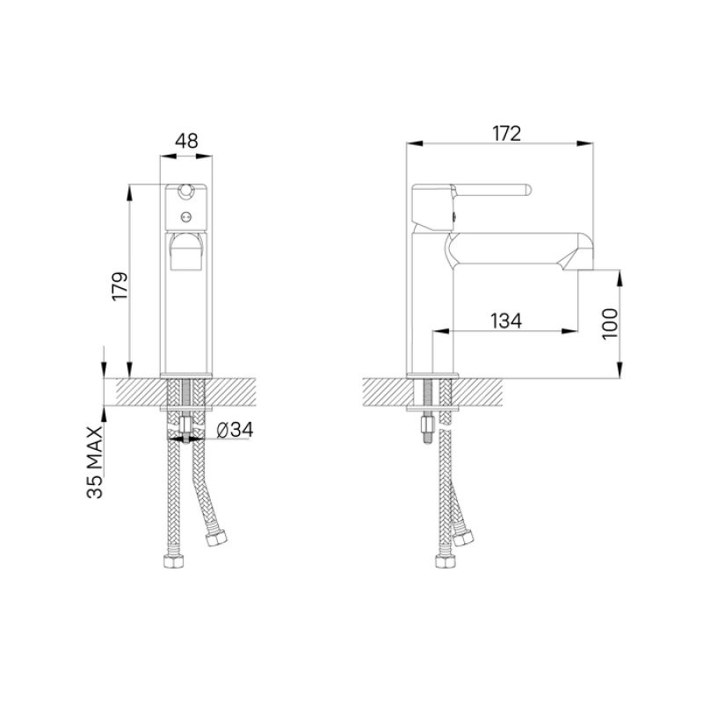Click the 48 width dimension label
coord(186,141)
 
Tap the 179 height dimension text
coord(120,286)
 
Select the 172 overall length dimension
coord(507,134)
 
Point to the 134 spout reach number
coord(505,322)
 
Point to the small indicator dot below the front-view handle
coord(186,215)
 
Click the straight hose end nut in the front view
coord(173,561)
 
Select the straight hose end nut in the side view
coord(442,561)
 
